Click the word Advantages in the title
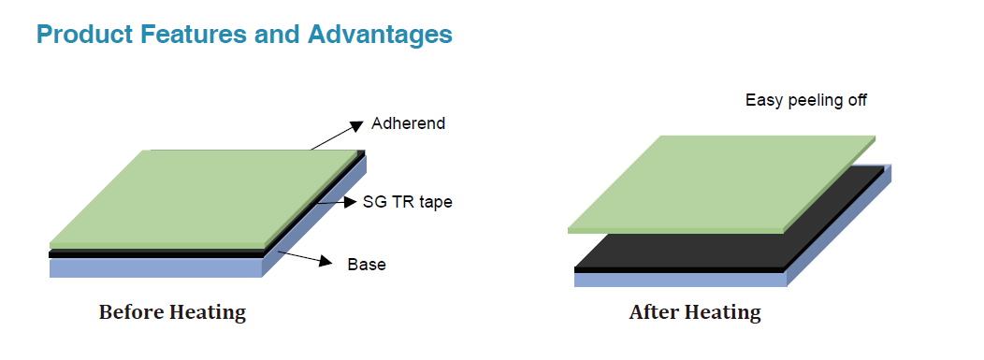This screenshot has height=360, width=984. click(380, 34)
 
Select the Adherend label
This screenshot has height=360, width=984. click(408, 123)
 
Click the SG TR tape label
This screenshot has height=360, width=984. click(407, 202)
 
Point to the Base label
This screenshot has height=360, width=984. click(367, 265)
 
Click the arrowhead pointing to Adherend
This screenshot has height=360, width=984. click(356, 126)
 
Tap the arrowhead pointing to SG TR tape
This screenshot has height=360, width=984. click(350, 202)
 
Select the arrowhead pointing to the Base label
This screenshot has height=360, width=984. click(326, 262)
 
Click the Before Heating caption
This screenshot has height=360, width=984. click(173, 312)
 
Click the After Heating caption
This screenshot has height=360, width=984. click(695, 312)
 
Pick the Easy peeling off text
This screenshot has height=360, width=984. click(805, 100)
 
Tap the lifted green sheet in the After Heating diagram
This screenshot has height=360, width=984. click(722, 183)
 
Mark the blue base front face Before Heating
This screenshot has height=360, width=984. click(155, 267)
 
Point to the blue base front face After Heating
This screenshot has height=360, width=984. click(680, 280)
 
